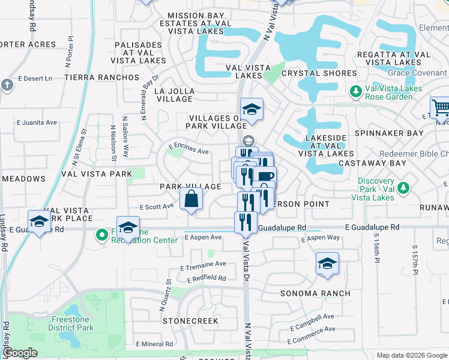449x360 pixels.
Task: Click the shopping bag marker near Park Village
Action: coord(191,199)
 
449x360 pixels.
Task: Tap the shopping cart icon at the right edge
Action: coord(440,109)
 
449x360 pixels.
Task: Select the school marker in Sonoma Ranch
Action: coord(327,263)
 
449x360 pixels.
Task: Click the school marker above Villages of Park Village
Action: coord(252,109)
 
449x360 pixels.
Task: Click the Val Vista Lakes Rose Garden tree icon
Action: coord(355,91)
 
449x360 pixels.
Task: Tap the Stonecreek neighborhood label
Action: coord(190,321)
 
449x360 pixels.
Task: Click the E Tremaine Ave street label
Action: coord(203,264)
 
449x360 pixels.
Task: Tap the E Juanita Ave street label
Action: coord(37,122)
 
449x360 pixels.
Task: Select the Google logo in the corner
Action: coord(20,353)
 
